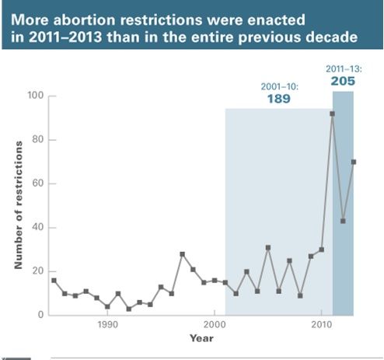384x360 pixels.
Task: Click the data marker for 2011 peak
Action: (332, 114)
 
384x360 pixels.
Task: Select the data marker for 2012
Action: (343, 221)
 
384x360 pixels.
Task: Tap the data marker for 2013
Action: (354, 162)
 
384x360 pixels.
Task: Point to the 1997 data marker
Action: (182, 254)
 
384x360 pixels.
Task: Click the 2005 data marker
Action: (268, 248)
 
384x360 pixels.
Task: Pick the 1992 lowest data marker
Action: (129, 309)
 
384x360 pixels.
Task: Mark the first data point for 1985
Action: (54, 281)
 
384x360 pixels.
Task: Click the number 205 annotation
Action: (343, 82)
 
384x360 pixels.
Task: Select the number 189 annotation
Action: (279, 99)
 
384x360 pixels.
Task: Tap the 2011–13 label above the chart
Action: (344, 69)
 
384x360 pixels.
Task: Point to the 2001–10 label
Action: (280, 86)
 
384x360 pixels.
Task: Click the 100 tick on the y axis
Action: (36, 96)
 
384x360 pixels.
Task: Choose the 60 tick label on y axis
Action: (38, 183)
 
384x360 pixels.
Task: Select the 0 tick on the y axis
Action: (41, 315)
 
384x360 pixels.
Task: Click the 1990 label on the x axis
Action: (107, 324)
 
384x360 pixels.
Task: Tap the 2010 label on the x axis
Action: (322, 324)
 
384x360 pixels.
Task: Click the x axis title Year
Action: (201, 338)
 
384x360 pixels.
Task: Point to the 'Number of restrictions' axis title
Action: (19, 205)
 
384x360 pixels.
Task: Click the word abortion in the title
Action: (84, 19)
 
